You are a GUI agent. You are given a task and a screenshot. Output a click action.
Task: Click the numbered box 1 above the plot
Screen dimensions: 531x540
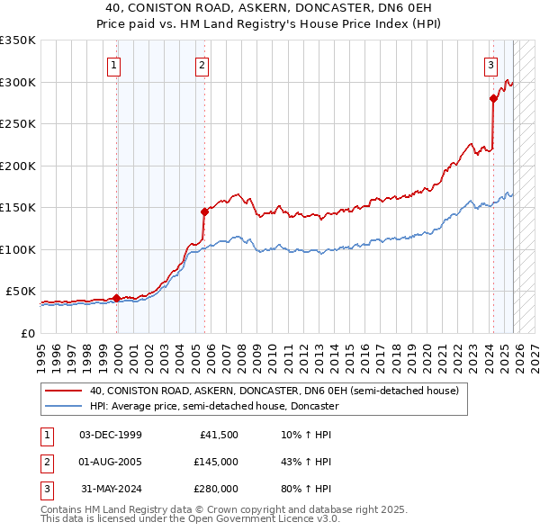pyautogui.click(x=116, y=65)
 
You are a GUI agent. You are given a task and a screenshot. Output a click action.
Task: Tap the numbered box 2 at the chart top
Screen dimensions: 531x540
pyautogui.click(x=202, y=65)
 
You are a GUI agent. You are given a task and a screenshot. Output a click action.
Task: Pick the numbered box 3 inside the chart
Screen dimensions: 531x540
pyautogui.click(x=490, y=65)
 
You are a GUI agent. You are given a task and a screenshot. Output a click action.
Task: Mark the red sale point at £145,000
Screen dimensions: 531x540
pyautogui.click(x=204, y=211)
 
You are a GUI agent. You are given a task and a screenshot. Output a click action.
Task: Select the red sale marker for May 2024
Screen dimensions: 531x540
pyautogui.click(x=493, y=98)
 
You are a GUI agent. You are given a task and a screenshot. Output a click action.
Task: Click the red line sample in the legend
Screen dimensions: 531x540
pyautogui.click(x=65, y=391)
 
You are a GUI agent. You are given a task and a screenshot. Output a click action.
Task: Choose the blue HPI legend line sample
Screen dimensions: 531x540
pyautogui.click(x=65, y=407)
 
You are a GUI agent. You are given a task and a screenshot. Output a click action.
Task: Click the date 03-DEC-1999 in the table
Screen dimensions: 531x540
pyautogui.click(x=111, y=435)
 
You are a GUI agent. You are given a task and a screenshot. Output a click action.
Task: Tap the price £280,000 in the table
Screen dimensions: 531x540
pyautogui.click(x=216, y=489)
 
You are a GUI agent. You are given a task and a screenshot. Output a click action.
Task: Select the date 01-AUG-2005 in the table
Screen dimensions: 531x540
pyautogui.click(x=111, y=462)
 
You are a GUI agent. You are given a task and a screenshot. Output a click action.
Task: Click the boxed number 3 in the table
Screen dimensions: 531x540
pyautogui.click(x=44, y=489)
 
